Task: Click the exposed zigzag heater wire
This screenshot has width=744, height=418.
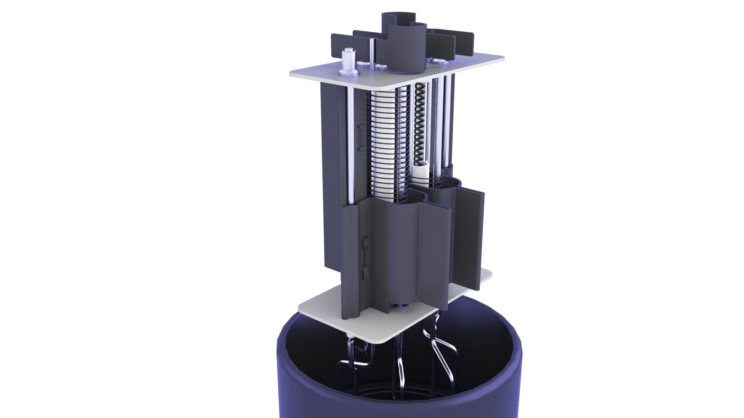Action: [x=420, y=124]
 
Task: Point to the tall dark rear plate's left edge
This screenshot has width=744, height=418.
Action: [x=324, y=174]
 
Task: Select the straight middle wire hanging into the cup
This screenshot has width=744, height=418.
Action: [x=399, y=368]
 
